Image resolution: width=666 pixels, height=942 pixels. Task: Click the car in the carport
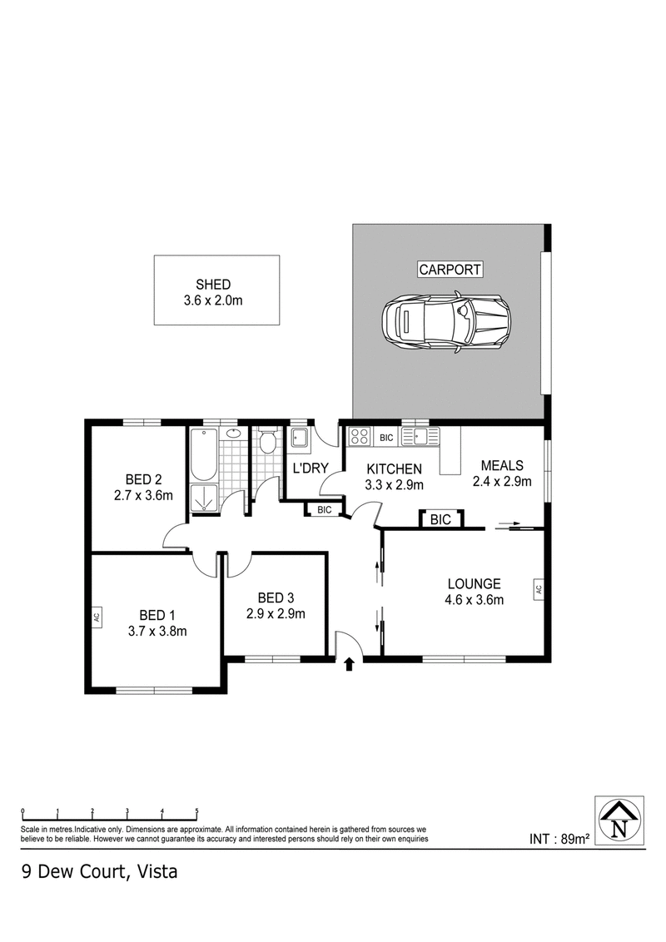pos(447,323)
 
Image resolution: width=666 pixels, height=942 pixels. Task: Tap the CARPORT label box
pos(450,270)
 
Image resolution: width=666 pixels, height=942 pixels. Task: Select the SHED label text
pos(213,284)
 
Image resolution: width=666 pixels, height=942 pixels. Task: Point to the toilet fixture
pos(267,442)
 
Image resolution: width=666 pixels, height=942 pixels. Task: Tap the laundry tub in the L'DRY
pos(299,439)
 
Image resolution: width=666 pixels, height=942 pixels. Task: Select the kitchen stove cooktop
pos(360,436)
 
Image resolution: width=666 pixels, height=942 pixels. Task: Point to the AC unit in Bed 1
pos(97,617)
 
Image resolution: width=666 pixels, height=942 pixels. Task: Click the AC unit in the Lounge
pos(539,588)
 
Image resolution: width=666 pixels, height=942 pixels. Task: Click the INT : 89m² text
pos(559,839)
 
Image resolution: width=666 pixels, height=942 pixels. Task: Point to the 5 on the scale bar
pos(196,811)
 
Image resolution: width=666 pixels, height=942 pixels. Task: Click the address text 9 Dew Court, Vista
pos(100,872)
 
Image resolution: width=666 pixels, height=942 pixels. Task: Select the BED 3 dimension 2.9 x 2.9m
pos(276,614)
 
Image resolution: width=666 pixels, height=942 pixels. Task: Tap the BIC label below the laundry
pos(324,510)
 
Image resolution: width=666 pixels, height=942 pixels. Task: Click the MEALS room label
pos(501,465)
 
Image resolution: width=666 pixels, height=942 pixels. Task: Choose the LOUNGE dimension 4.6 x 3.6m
pos(474,599)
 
